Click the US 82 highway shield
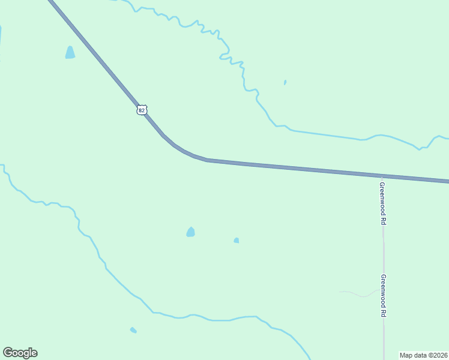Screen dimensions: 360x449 tap(141, 110)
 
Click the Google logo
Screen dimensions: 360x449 tap(20, 353)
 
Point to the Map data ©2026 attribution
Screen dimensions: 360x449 tap(423, 355)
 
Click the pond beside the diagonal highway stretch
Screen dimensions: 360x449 tap(70, 53)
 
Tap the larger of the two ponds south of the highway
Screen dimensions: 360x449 tap(190, 232)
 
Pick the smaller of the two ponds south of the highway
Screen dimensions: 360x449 tap(237, 241)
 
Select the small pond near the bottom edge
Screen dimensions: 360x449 tap(133, 330)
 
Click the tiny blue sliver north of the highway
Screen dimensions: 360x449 tap(285, 82)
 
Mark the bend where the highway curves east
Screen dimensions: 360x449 tap(183, 150)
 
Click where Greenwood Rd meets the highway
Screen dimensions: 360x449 tap(383, 176)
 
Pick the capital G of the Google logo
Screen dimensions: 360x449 tap(8, 353)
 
